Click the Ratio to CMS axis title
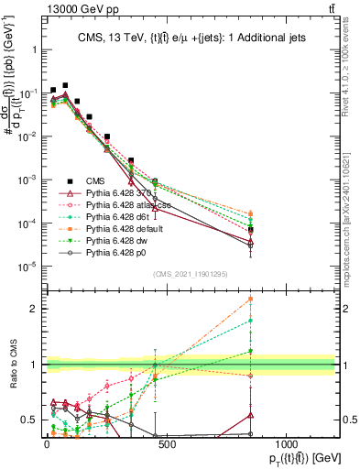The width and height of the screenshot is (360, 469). pyautogui.click(x=12, y=364)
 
